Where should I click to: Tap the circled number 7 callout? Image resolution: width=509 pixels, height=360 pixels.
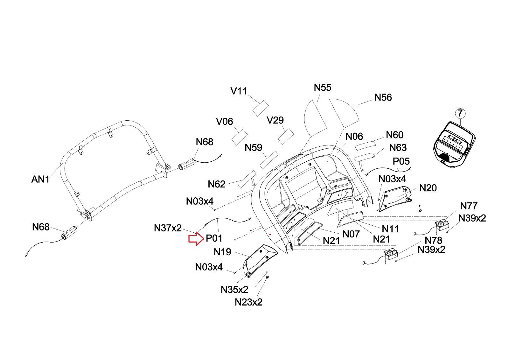point(460,113)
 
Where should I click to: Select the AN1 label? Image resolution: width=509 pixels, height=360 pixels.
point(40,180)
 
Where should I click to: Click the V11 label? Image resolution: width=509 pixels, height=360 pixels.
point(239,91)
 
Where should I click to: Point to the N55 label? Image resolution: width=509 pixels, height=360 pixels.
point(323,88)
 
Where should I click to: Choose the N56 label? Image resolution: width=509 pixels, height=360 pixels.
point(383,98)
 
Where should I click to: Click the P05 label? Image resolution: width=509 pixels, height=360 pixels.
point(401,161)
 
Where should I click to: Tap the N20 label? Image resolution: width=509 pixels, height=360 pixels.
point(428,188)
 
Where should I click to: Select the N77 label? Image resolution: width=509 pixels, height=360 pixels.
point(469,206)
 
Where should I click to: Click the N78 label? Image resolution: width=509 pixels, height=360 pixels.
point(433,240)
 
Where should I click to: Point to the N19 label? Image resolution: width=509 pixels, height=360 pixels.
point(222,252)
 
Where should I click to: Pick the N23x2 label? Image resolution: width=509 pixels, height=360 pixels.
point(248,302)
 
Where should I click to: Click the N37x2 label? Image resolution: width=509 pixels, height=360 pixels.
point(168,228)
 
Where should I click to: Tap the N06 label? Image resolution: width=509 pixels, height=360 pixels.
point(354,137)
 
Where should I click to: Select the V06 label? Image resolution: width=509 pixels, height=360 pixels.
point(225,122)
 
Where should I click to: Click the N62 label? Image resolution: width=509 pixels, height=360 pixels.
point(217,184)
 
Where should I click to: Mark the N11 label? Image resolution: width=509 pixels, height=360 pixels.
point(390,229)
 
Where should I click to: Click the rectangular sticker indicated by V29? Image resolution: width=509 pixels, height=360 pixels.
point(286,136)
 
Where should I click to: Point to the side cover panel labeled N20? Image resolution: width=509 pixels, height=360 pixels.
point(395,198)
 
